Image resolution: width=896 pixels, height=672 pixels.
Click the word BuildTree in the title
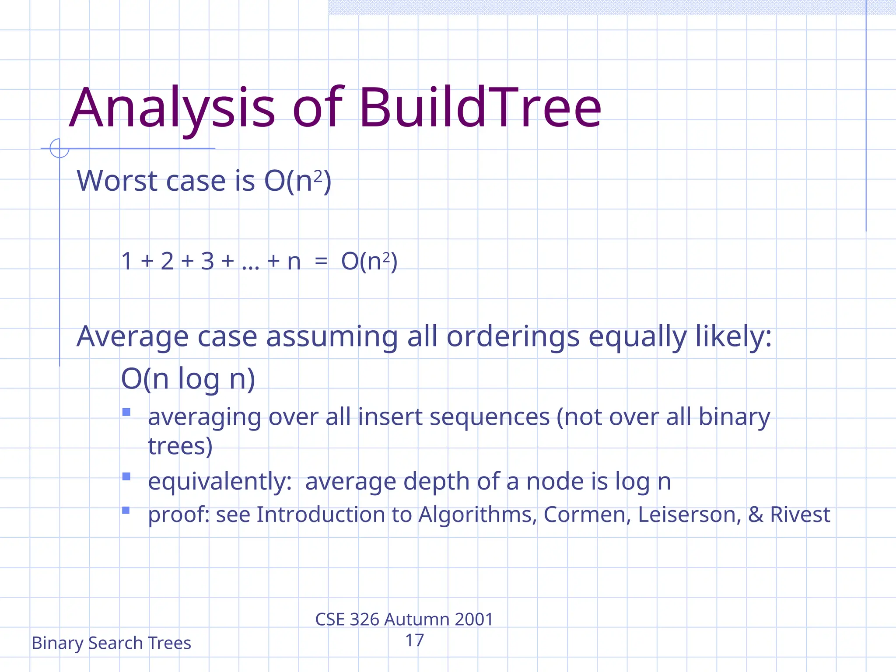(480, 108)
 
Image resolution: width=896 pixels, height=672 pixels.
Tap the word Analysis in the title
(172, 108)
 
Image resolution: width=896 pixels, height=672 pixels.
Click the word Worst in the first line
(117, 181)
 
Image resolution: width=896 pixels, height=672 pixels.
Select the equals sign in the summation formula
(321, 262)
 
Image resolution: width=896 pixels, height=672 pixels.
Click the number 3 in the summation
(207, 262)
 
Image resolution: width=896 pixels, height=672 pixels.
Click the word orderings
(513, 337)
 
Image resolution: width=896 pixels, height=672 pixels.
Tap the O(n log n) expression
(188, 378)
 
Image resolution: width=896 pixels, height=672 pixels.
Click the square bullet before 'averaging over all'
(126, 412)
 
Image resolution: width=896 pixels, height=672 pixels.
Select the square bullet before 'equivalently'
(126, 476)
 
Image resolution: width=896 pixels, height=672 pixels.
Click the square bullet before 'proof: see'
(126, 510)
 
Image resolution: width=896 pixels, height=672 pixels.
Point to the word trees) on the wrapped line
(180, 446)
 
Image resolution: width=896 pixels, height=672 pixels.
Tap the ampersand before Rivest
(755, 514)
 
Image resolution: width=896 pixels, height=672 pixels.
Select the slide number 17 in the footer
(414, 640)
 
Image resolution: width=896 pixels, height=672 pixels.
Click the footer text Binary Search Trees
(111, 643)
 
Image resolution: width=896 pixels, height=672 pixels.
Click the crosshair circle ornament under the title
(59, 148)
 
